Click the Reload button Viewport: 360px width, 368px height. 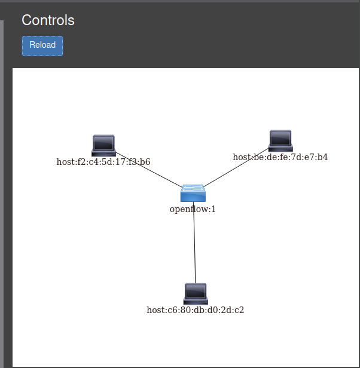click(42, 46)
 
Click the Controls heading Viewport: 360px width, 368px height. click(48, 20)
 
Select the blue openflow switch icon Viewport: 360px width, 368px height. click(193, 193)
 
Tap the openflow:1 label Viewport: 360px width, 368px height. click(193, 209)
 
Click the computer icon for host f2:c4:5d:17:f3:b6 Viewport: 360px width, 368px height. click(103, 146)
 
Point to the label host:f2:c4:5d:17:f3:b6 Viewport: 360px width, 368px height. click(103, 162)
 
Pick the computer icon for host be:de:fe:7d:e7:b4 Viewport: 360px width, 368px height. click(280, 141)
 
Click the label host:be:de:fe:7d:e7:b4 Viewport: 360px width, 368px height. click(280, 157)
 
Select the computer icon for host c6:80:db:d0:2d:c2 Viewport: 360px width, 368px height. click(196, 294)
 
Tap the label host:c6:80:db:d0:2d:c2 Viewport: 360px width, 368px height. click(196, 310)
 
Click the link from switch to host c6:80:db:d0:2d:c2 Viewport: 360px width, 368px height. click(194, 243)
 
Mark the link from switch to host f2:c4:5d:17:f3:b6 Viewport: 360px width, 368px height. click(149, 170)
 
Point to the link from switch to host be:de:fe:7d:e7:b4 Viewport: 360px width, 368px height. click(236, 167)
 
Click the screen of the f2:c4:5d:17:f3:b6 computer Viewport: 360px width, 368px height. click(103, 143)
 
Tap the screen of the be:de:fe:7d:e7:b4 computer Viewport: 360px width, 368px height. click(280, 138)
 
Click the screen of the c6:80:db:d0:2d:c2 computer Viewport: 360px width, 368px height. click(196, 292)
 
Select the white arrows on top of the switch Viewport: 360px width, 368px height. click(193, 188)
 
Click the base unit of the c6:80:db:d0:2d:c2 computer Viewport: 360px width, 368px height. click(196, 302)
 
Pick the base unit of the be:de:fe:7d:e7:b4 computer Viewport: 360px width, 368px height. click(280, 148)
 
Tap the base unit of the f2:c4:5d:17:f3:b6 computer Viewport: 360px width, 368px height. click(103, 153)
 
